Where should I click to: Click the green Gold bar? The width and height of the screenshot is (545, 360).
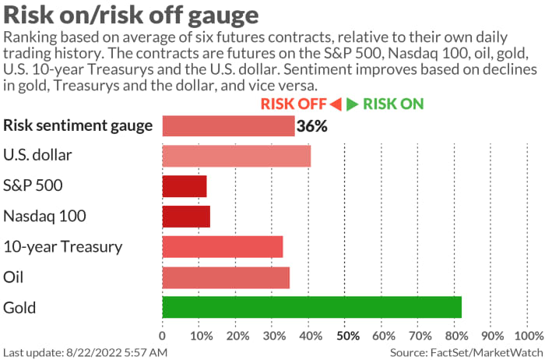point(311,307)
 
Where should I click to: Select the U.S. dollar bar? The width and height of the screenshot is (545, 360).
point(237,156)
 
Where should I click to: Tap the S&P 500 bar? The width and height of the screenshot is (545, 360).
point(185,186)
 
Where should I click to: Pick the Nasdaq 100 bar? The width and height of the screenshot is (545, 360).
point(186,217)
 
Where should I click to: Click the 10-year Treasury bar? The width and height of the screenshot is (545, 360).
point(223,247)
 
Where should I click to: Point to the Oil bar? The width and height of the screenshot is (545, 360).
point(226,277)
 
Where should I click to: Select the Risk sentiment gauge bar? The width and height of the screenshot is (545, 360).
point(228,125)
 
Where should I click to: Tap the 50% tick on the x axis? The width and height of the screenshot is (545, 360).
point(346,336)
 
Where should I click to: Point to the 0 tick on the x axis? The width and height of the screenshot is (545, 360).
point(162,336)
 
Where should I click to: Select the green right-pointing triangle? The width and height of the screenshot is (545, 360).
point(353,104)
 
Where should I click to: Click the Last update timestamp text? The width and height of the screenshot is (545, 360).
point(86,353)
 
